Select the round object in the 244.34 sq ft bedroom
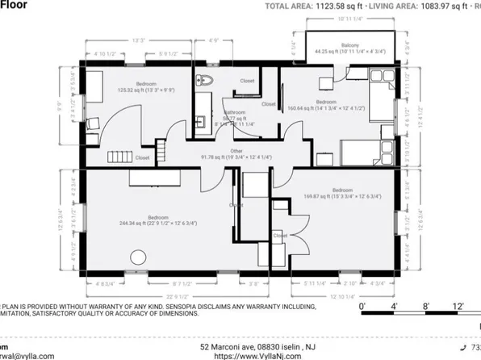click(134, 258)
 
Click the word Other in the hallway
click(235, 149)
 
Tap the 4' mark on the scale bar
click(395, 307)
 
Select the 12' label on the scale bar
click(458, 307)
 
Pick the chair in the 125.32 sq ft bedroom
click(93, 123)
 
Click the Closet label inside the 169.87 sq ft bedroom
click(279, 236)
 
